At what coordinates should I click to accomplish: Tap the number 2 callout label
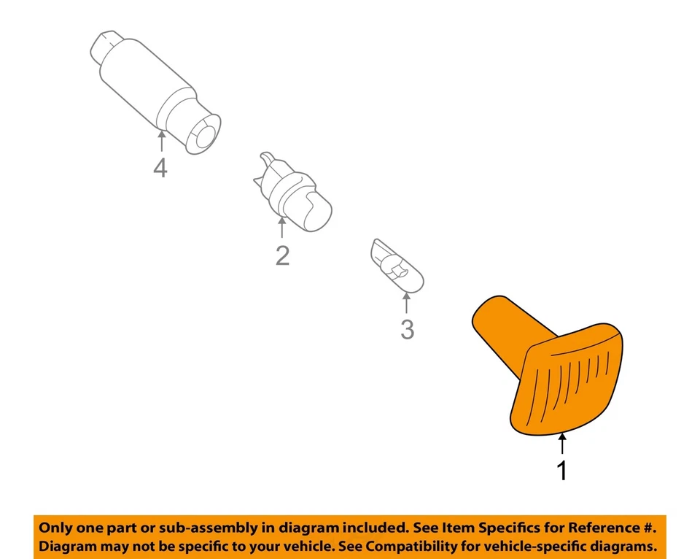282,255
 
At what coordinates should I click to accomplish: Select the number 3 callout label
407,330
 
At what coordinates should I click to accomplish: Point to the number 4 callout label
160,168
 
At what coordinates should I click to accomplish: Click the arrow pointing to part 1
561,444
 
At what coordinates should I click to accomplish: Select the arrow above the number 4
160,140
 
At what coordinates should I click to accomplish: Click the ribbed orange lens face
573,383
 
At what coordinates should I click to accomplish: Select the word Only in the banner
56,528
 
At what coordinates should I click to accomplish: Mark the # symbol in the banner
649,528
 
